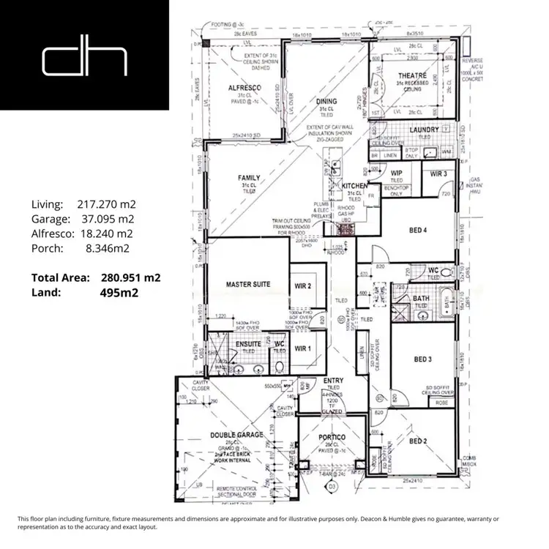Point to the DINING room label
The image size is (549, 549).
pos(326,102)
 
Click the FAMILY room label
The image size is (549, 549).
pos(249,178)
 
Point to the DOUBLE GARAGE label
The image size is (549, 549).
pos(236,435)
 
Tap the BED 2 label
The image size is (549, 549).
pos(418,441)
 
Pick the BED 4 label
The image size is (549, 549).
pos(418,231)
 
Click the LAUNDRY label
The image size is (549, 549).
pos(425,130)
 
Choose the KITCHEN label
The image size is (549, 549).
pos(355,187)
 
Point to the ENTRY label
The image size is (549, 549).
pos(333,381)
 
